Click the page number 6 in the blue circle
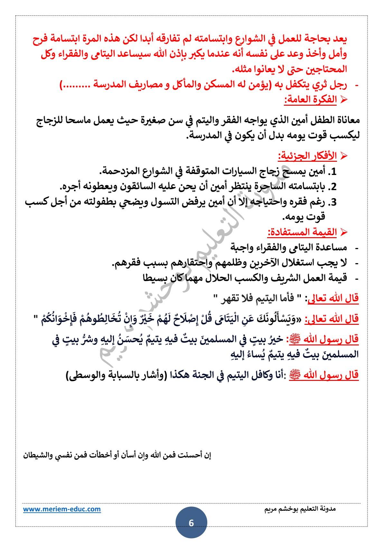[x=191, y=523]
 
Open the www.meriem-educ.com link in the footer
[x=61, y=509]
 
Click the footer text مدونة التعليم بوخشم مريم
[x=300, y=509]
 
